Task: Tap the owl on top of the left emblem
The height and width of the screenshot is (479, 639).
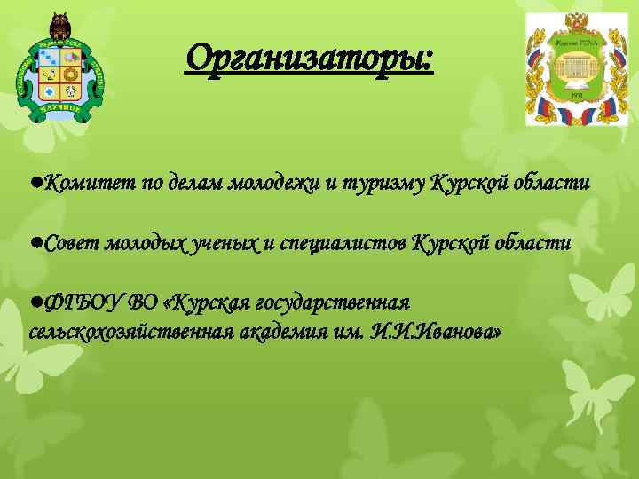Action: click(x=61, y=23)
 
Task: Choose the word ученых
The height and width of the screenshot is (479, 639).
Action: click(x=226, y=242)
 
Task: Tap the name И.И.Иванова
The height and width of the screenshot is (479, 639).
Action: click(x=438, y=332)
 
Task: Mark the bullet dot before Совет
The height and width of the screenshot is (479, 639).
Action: click(x=34, y=242)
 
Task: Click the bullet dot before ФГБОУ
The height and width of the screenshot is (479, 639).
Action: click(x=34, y=302)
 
